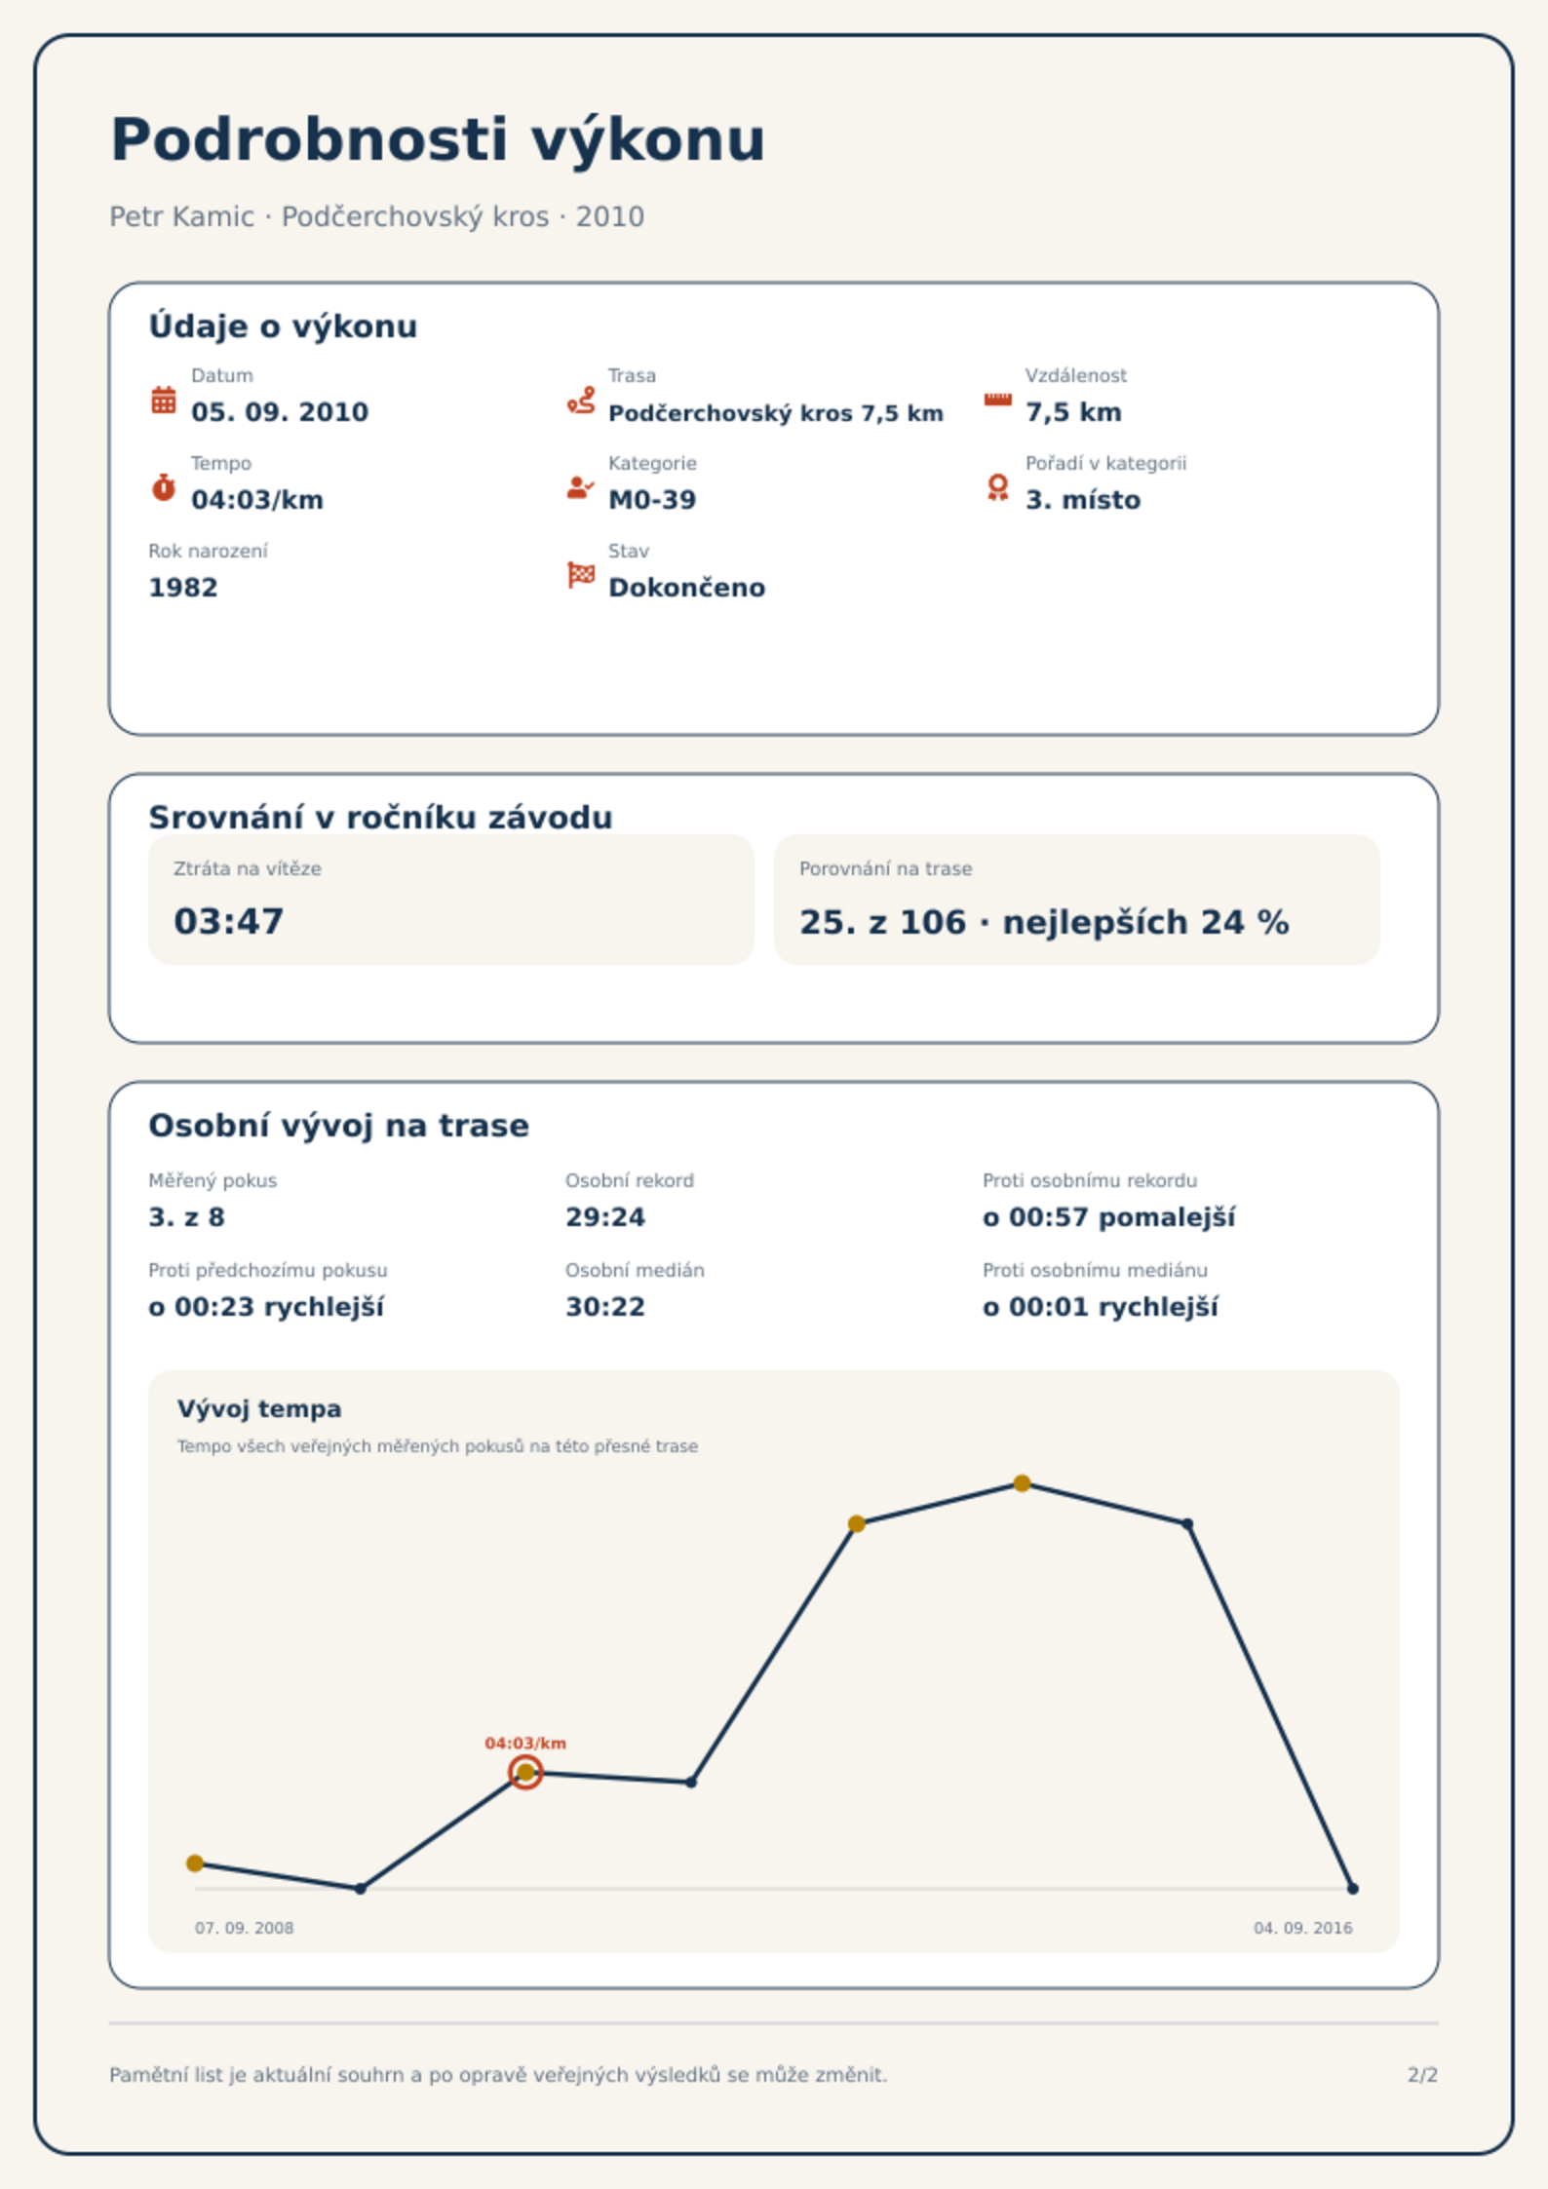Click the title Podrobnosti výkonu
[438, 140]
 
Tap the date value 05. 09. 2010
[280, 412]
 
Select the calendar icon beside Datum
[164, 400]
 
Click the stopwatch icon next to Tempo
[164, 487]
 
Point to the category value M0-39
[652, 500]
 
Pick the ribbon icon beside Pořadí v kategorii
[997, 487]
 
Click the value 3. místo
[1083, 500]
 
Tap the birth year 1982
[183, 588]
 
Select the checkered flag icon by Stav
[581, 575]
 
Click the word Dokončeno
[687, 588]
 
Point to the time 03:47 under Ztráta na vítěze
[229, 922]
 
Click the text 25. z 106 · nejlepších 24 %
[1044, 922]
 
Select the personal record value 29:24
[605, 1217]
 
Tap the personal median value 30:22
[605, 1307]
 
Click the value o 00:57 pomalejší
[1108, 1217]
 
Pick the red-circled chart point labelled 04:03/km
[525, 1773]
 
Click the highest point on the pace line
[1022, 1483]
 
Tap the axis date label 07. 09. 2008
[244, 1928]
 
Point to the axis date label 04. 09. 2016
[1302, 1928]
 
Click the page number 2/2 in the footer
[1422, 2075]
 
